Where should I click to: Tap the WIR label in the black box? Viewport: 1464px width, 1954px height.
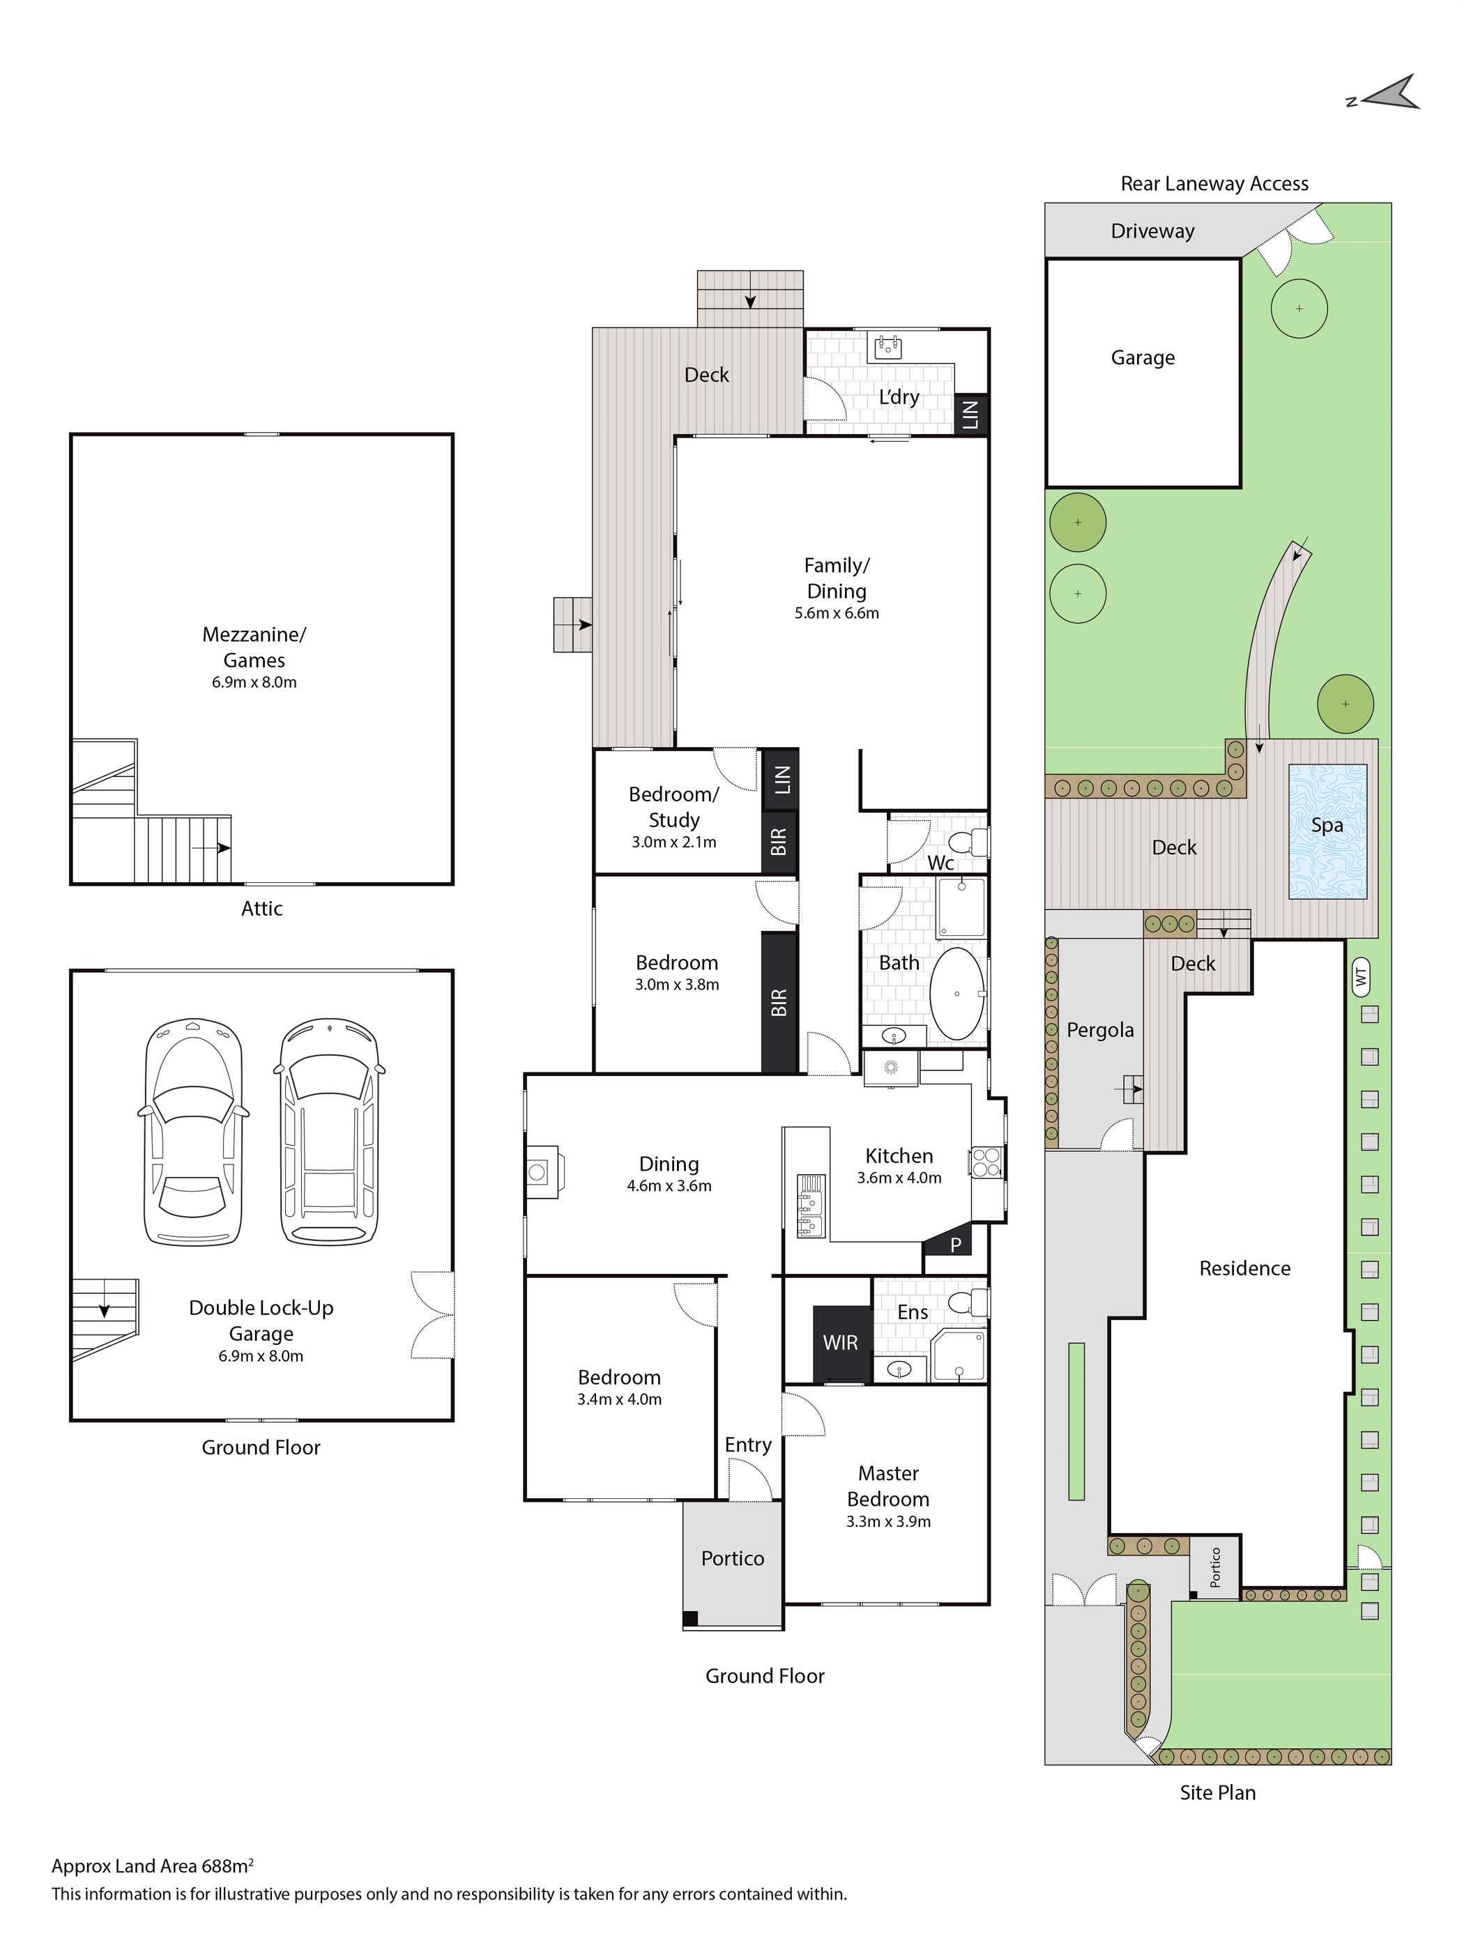(840, 1343)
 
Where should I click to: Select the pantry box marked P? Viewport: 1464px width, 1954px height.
(955, 1245)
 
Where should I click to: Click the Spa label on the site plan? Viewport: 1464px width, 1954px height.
(1327, 825)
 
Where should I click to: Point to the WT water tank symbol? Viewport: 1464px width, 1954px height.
(1361, 976)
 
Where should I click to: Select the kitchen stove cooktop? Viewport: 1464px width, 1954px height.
(986, 1162)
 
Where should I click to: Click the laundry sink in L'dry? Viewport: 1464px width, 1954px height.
(887, 347)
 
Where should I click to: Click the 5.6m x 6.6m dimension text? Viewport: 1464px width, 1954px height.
(837, 613)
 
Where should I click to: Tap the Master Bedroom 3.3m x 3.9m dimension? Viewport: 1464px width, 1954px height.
(888, 1521)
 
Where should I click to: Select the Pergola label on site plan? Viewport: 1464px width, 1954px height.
(1100, 1030)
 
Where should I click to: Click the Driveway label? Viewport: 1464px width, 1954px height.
(1153, 231)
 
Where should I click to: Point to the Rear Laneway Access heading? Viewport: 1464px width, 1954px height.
(1215, 184)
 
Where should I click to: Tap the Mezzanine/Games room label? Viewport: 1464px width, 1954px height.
(254, 647)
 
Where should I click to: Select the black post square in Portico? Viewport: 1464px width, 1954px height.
(691, 1618)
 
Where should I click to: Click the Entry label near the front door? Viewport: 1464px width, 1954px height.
(748, 1445)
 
